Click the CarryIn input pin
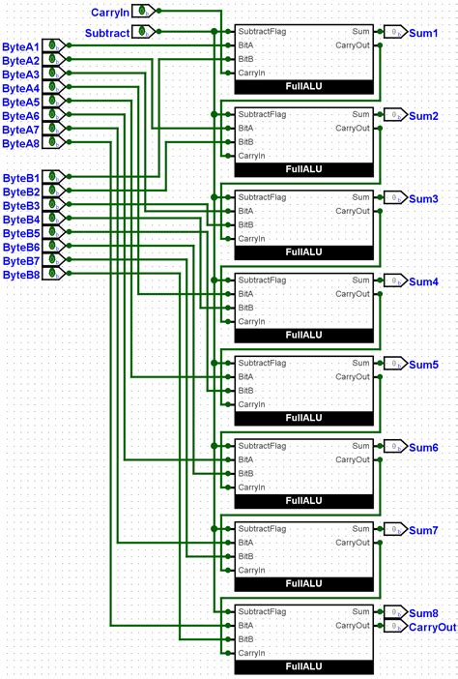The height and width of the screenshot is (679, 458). coord(143,12)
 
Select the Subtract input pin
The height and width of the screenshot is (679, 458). coord(143,32)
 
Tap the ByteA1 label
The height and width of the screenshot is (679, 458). coord(21,46)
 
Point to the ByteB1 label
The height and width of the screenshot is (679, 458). coord(21,178)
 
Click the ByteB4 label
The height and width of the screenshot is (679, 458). coord(21,220)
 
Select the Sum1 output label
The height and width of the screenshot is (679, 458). coord(423,33)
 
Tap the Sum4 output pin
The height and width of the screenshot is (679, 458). coord(395,281)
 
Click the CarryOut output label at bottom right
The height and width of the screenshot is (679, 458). coord(432,627)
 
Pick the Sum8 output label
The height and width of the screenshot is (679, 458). coord(423,613)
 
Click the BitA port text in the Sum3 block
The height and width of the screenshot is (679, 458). coord(246,211)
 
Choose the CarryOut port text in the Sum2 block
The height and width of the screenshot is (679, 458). coord(353,128)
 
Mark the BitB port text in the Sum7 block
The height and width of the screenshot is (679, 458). coord(246,556)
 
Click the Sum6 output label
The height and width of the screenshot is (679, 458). coord(423,448)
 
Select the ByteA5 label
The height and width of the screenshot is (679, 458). coord(21,102)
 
